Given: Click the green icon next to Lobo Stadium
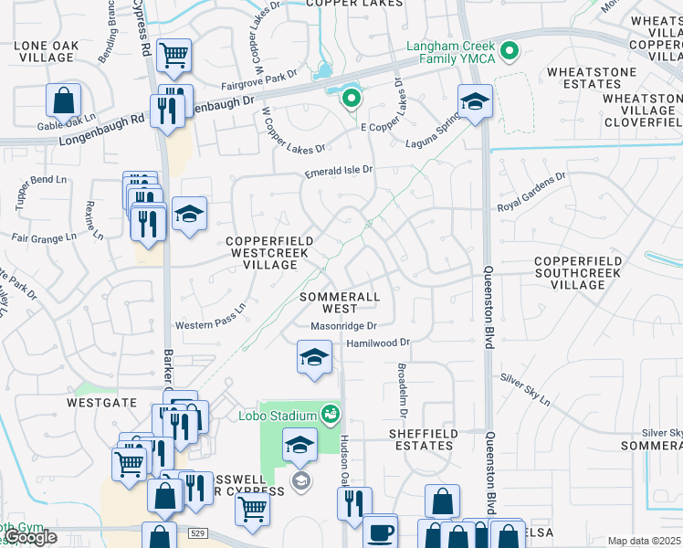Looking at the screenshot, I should (x=331, y=416).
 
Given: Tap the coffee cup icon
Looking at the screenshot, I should (x=380, y=532).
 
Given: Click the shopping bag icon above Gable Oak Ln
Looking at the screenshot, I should (x=64, y=100).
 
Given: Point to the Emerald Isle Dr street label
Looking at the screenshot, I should (x=339, y=171).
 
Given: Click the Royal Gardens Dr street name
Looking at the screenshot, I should (x=531, y=193).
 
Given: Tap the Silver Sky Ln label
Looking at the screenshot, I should (x=525, y=389).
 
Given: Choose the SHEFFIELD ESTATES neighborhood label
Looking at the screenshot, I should (x=421, y=439).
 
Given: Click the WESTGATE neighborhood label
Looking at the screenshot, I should (x=101, y=402).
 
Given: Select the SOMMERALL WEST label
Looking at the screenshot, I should (x=339, y=303).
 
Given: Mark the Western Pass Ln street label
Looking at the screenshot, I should (x=211, y=319).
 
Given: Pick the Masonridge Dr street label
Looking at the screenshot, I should (x=343, y=326).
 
